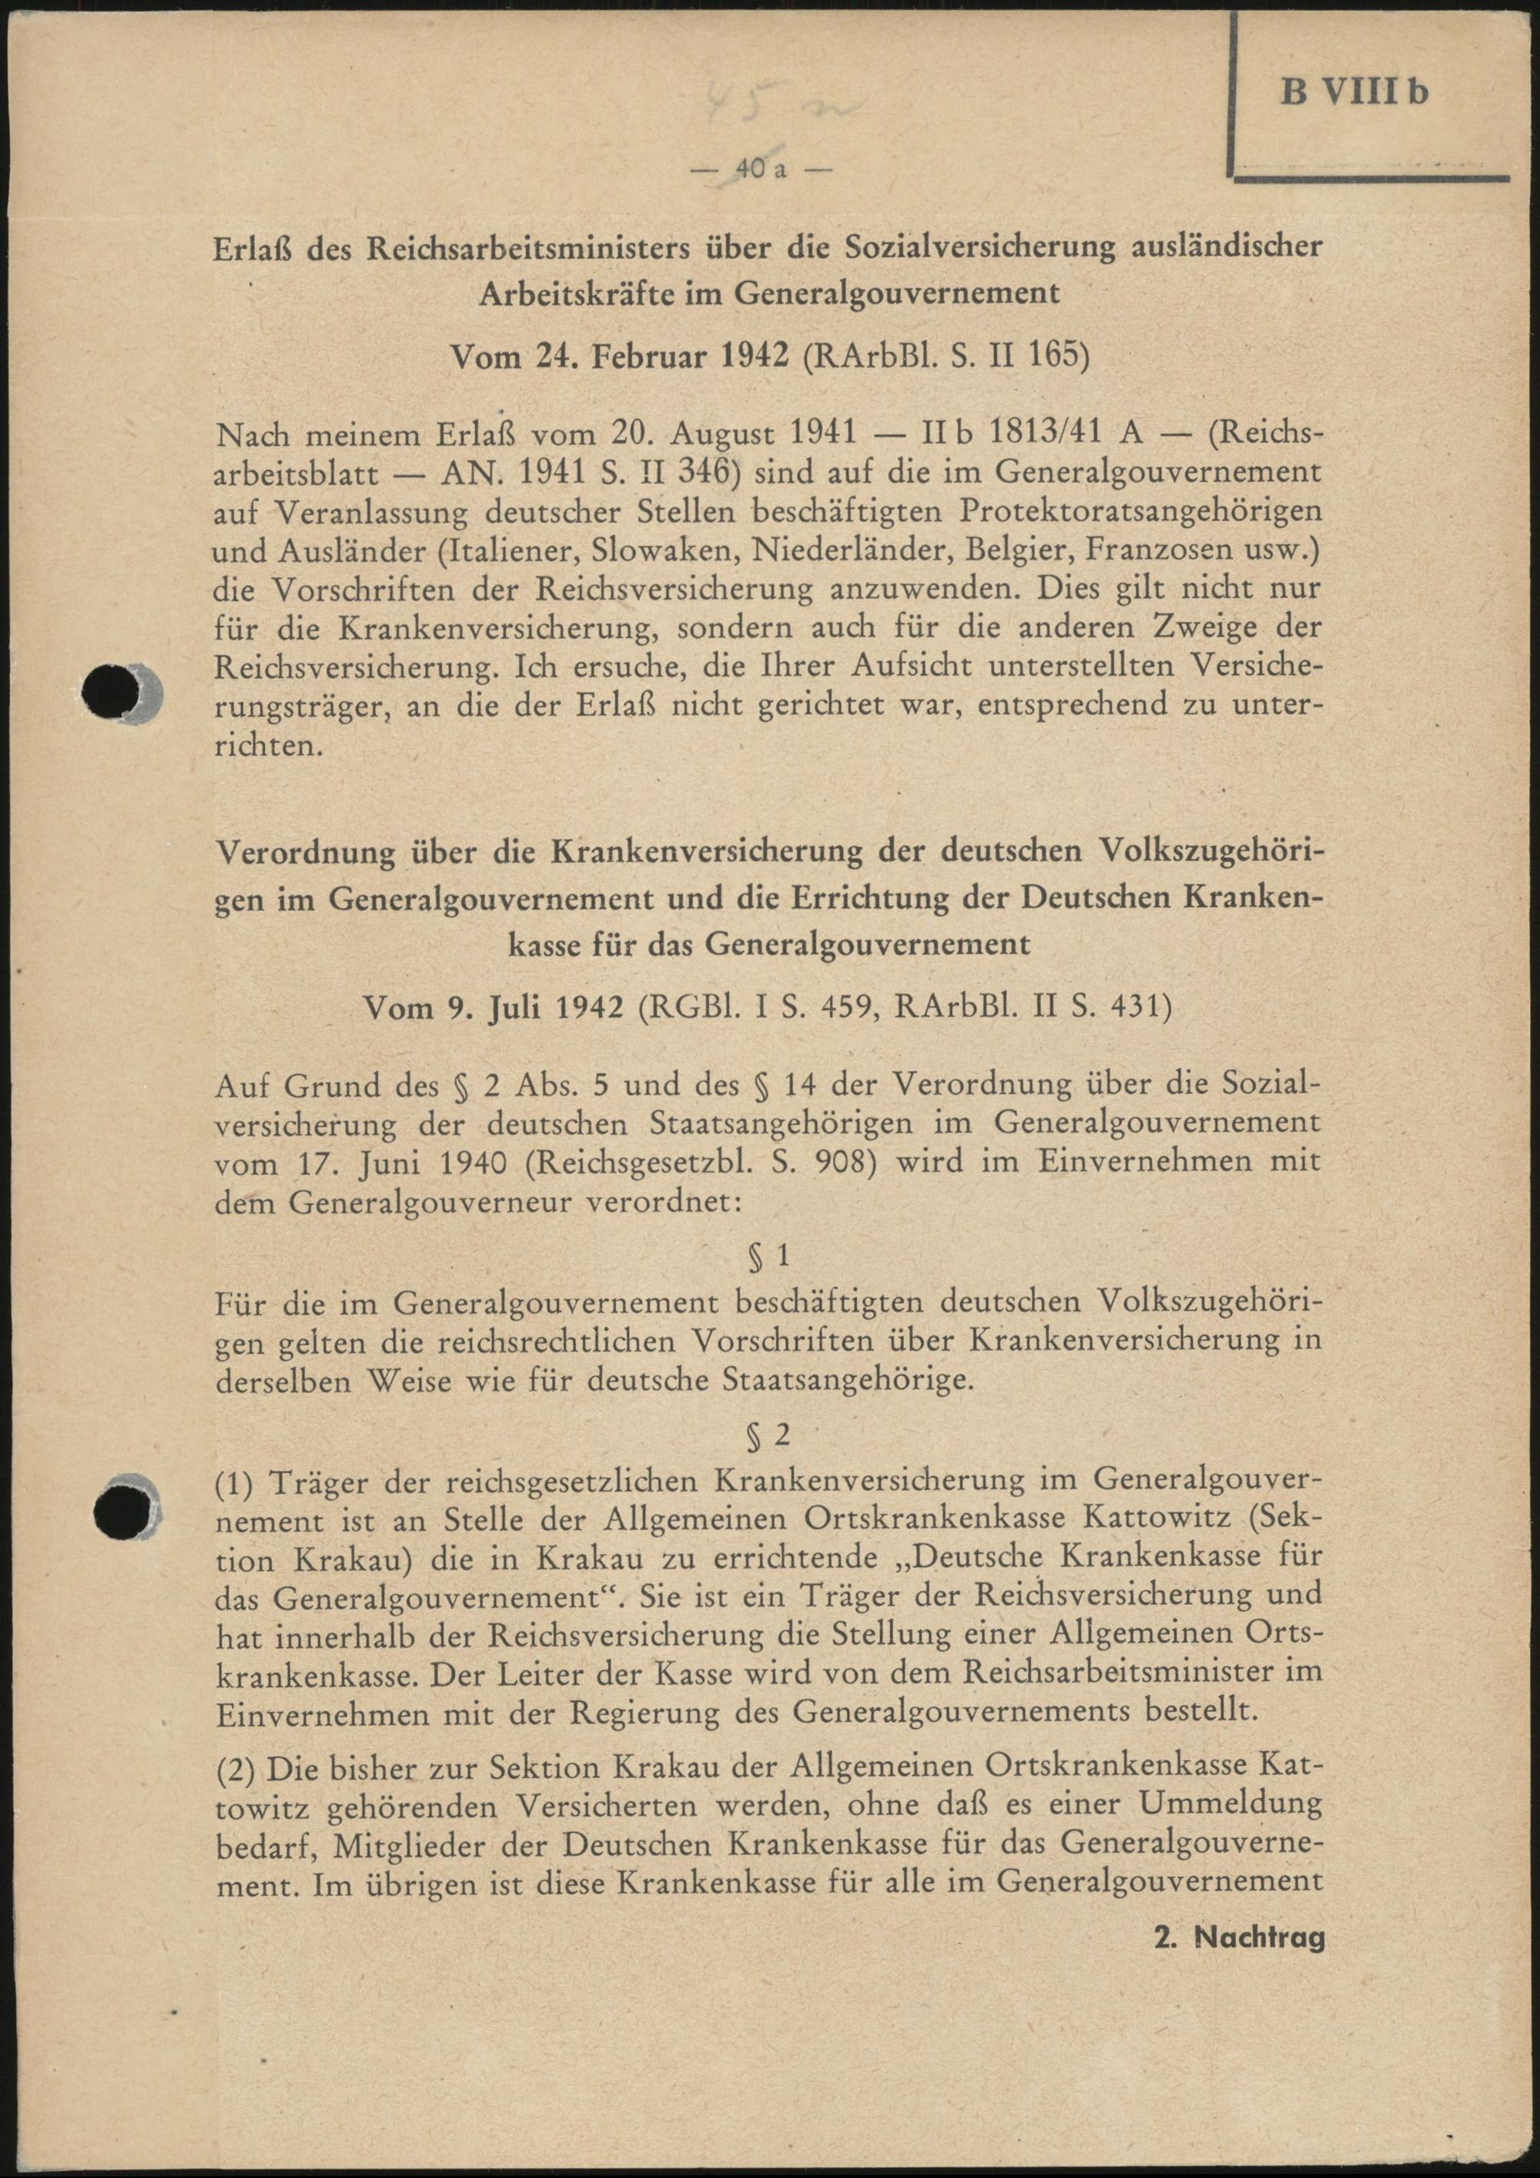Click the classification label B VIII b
pos(1354,93)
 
